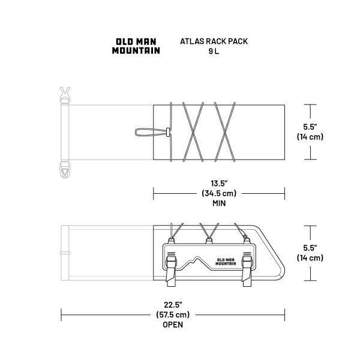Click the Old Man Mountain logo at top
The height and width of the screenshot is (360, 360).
coord(136,46)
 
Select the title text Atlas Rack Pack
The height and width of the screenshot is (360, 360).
coord(214,41)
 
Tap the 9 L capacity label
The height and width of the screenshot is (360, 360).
coord(214,51)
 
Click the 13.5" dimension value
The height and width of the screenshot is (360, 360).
coord(219,184)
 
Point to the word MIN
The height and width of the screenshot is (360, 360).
coord(219,203)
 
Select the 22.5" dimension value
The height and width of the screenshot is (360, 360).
coord(173,305)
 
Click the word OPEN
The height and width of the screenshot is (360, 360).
coord(173,325)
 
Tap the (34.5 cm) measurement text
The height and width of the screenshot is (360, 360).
coord(219,193)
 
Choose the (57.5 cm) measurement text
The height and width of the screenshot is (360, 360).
coord(173,314)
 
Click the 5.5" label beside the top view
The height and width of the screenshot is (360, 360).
coord(310,127)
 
